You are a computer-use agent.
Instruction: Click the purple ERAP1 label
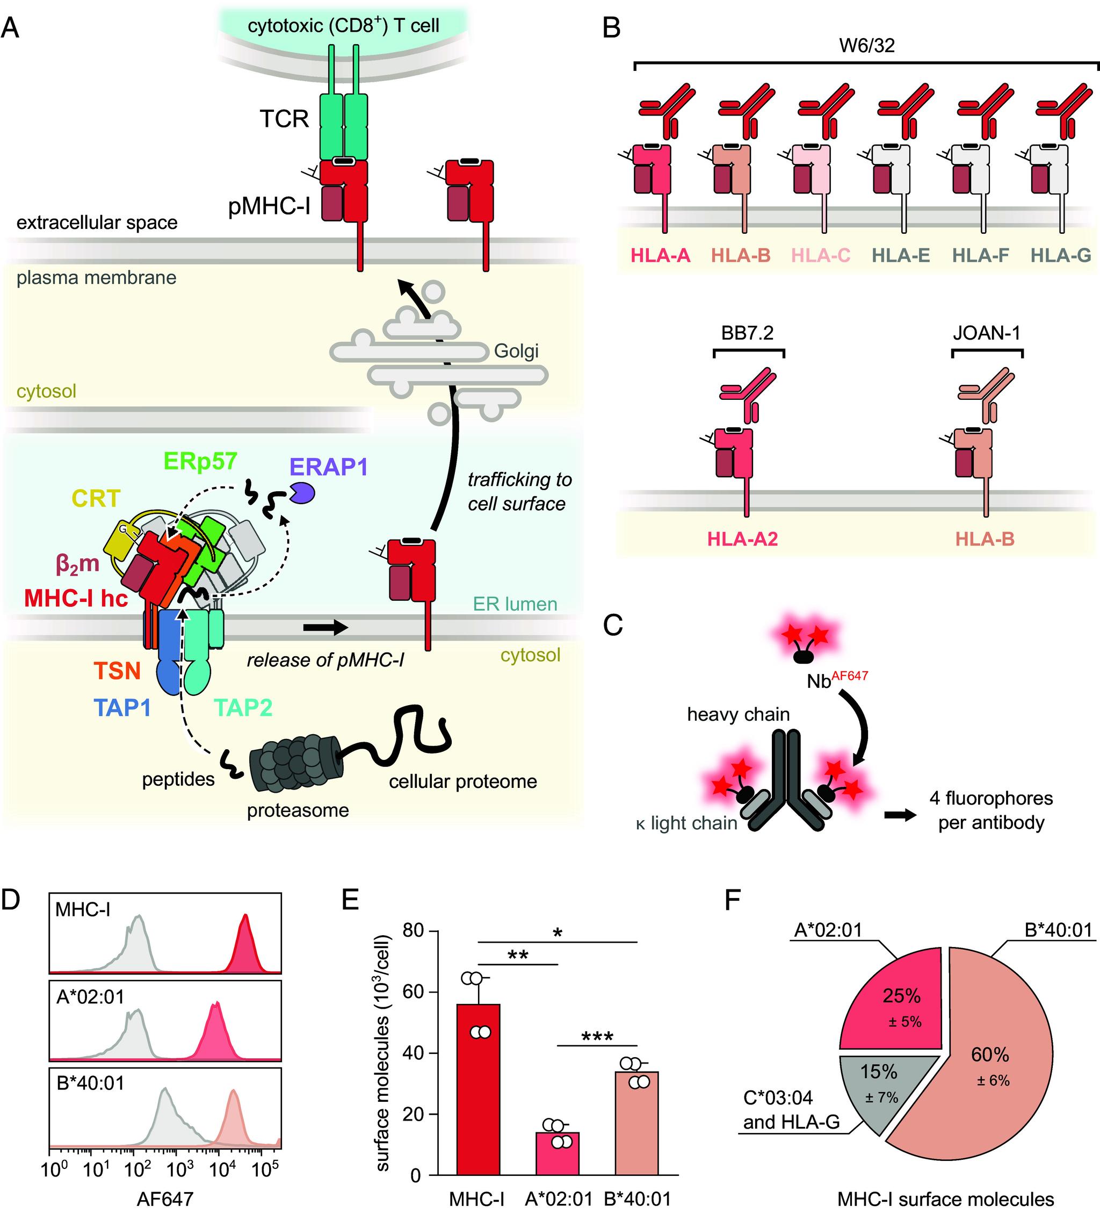(x=328, y=467)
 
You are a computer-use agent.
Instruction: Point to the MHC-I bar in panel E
(x=478, y=1089)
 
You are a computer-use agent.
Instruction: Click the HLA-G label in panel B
(x=1061, y=256)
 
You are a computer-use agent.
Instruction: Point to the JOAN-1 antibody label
(x=986, y=333)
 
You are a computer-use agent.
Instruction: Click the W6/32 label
(x=866, y=46)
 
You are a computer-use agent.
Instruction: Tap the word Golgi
(x=516, y=351)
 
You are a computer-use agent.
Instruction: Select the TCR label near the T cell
(x=284, y=119)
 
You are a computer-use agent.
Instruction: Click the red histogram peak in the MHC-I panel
(x=245, y=936)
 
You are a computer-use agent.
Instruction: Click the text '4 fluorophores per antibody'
(x=990, y=810)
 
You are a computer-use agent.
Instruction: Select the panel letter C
(x=613, y=625)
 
